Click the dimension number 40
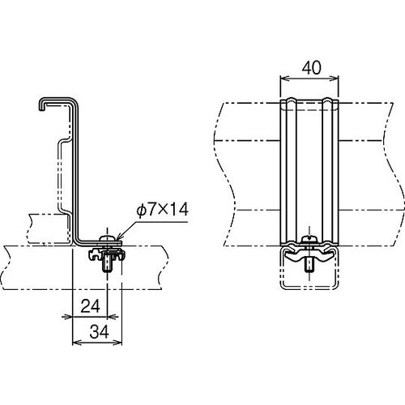(x=312, y=68)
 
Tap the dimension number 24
(x=90, y=306)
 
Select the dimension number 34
(x=99, y=332)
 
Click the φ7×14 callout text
(x=162, y=210)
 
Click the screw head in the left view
(x=107, y=238)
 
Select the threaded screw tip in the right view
(x=308, y=266)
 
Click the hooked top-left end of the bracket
(x=41, y=104)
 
